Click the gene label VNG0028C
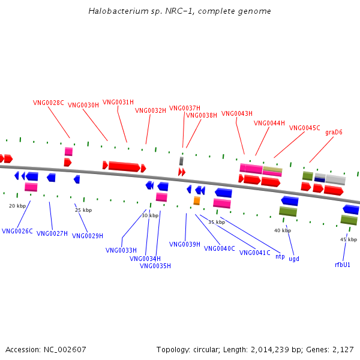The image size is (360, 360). (x=49, y=103)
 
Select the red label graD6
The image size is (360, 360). (x=334, y=132)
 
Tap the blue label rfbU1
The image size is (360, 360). (x=343, y=265)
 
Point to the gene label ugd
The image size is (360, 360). (x=294, y=259)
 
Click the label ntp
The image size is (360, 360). (x=280, y=256)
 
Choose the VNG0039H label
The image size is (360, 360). (x=185, y=244)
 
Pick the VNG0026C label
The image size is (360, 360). (x=17, y=231)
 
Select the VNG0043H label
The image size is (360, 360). (x=237, y=113)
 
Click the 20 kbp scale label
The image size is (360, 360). (x=17, y=206)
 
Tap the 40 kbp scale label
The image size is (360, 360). (x=283, y=230)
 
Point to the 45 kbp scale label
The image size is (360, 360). (x=349, y=239)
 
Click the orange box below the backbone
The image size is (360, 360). (x=197, y=200)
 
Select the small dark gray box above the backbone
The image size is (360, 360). (x=181, y=161)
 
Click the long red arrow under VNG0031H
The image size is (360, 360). (x=124, y=166)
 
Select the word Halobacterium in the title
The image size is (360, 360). (x=118, y=11)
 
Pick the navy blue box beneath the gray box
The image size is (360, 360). (x=320, y=180)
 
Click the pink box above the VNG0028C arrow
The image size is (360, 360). (x=68, y=152)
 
